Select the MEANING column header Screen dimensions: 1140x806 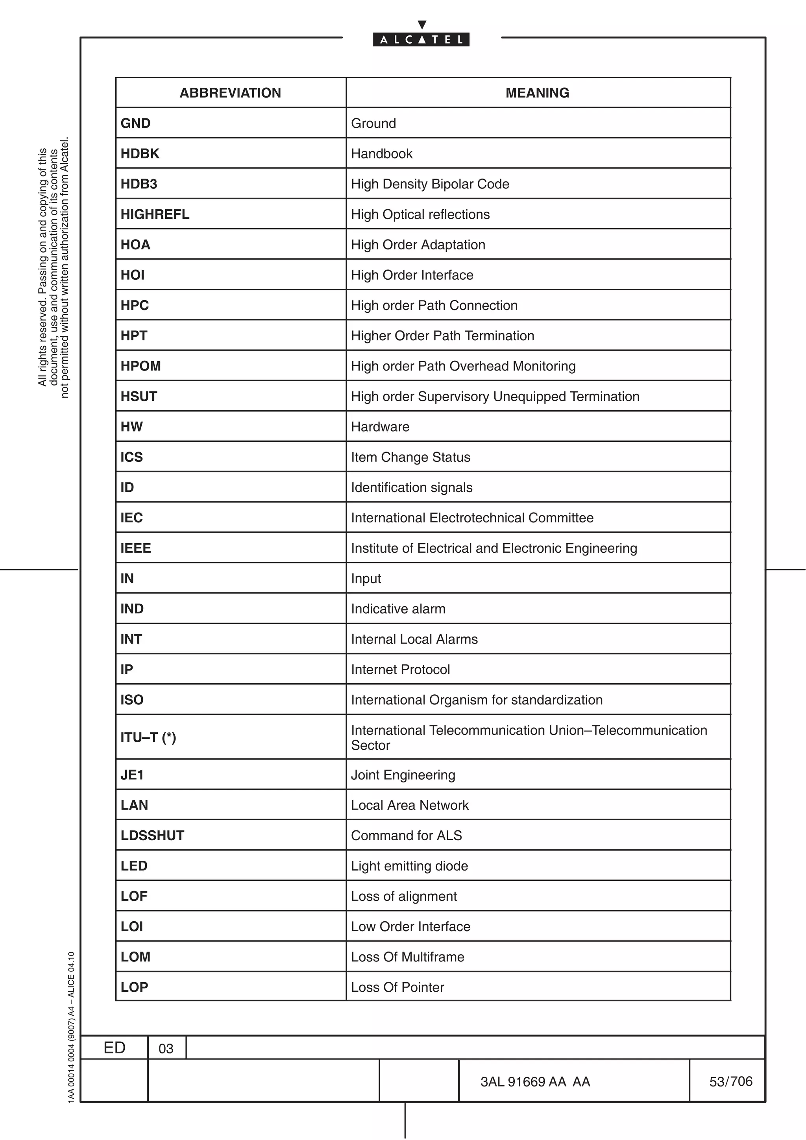pyautogui.click(x=537, y=93)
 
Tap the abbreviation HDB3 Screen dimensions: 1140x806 pyautogui.click(x=139, y=184)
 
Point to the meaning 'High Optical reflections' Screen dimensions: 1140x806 pyautogui.click(x=420, y=214)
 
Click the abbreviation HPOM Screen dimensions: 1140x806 pyautogui.click(x=140, y=366)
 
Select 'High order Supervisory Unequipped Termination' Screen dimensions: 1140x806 pyautogui.click(x=495, y=396)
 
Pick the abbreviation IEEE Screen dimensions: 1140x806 pyautogui.click(x=135, y=548)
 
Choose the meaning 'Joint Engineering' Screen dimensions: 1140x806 pyautogui.click(x=403, y=775)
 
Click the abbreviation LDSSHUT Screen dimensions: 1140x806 pyautogui.click(x=152, y=836)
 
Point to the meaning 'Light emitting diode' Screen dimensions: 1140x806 pyautogui.click(x=409, y=866)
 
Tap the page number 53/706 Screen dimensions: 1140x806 pyautogui.click(x=730, y=1081)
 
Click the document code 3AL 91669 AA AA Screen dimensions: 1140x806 pyautogui.click(x=535, y=1082)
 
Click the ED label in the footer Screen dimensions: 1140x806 pyautogui.click(x=114, y=1048)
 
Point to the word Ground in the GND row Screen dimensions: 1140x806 pyautogui.click(x=373, y=123)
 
